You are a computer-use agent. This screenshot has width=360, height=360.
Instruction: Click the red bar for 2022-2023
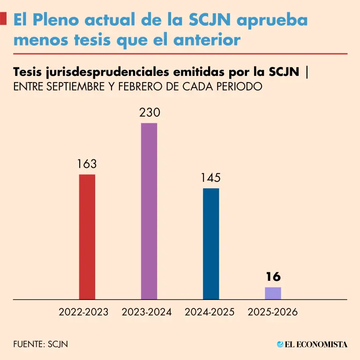[x=87, y=237]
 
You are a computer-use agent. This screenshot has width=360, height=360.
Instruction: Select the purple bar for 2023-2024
[x=149, y=211]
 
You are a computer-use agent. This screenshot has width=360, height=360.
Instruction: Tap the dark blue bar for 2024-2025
[x=211, y=243]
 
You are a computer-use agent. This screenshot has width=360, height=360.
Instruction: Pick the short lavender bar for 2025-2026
[x=273, y=293]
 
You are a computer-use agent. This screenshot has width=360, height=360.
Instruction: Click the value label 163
[x=87, y=164]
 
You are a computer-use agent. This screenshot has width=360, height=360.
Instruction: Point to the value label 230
[x=150, y=113]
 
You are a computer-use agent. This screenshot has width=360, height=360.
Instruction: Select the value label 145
[x=211, y=178]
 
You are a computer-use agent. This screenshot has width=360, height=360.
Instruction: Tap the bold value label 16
[x=273, y=277]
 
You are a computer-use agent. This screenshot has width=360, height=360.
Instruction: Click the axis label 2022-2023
[x=83, y=312]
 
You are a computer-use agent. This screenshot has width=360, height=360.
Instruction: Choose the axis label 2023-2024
[x=147, y=312]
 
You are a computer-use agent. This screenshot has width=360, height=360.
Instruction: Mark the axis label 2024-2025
[x=210, y=312]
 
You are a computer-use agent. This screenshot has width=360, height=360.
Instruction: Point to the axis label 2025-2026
[x=273, y=312]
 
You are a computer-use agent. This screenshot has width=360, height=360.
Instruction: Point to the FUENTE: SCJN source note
[x=41, y=344]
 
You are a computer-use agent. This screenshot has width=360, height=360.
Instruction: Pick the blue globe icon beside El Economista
[x=280, y=345]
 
